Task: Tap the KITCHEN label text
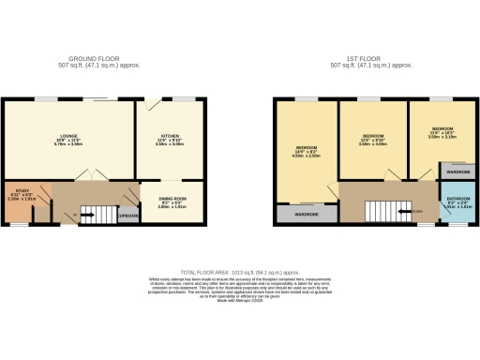coord(168,137)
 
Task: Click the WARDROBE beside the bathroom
coord(457,172)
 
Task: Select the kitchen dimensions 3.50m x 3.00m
coord(168,144)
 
